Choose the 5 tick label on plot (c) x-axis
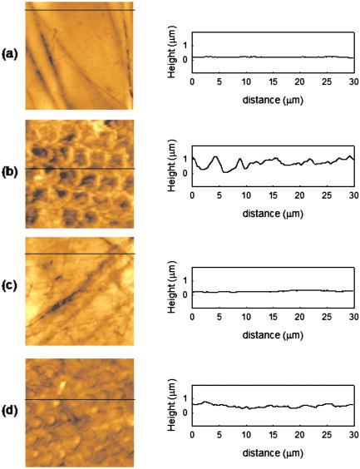point(219,320)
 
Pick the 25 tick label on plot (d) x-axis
point(326,438)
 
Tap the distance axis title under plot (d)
point(273,452)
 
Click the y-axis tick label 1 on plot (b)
point(185,157)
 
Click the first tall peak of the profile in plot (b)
point(216,156)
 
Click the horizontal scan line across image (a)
point(80,10)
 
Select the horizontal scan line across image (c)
point(80,254)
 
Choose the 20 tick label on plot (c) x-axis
point(299,320)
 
